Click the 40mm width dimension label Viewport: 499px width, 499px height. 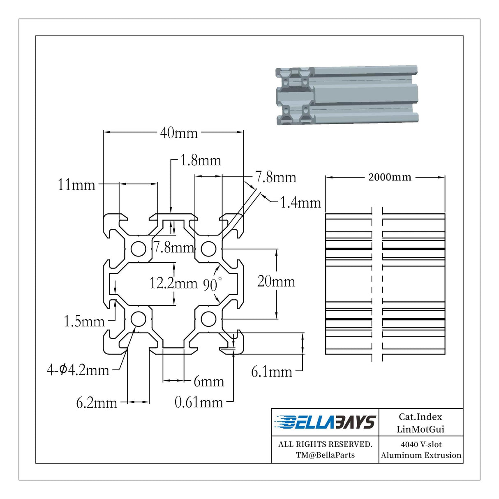pyautogui.click(x=179, y=133)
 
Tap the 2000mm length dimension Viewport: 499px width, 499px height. pyautogui.click(x=390, y=178)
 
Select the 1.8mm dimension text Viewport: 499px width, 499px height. pyautogui.click(x=201, y=160)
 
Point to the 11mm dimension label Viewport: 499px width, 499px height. pyautogui.click(x=76, y=185)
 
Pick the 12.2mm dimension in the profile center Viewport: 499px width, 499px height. pyautogui.click(x=173, y=283)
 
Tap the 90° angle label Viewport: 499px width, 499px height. pyautogui.click(x=212, y=284)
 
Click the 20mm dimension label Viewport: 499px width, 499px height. pyautogui.click(x=276, y=281)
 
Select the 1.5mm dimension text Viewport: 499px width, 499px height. pyautogui.click(x=84, y=321)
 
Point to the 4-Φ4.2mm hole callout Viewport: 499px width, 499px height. pyautogui.click(x=78, y=370)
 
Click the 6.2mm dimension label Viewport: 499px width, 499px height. pyautogui.click(x=97, y=403)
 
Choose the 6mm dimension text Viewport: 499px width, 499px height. pyautogui.click(x=209, y=382)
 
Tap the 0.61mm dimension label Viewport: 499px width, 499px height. pyautogui.click(x=199, y=402)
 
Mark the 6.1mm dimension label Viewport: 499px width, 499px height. pyautogui.click(x=272, y=372)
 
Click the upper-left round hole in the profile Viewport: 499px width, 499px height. pyautogui.click(x=138, y=249)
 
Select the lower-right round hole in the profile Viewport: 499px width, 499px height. pyautogui.click(x=208, y=319)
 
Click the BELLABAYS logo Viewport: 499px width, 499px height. pyautogui.click(x=325, y=423)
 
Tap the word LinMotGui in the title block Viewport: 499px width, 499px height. pyautogui.click(x=420, y=430)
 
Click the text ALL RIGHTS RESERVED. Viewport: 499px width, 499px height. pyautogui.click(x=325, y=444)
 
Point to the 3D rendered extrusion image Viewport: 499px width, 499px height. pyautogui.click(x=347, y=95)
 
